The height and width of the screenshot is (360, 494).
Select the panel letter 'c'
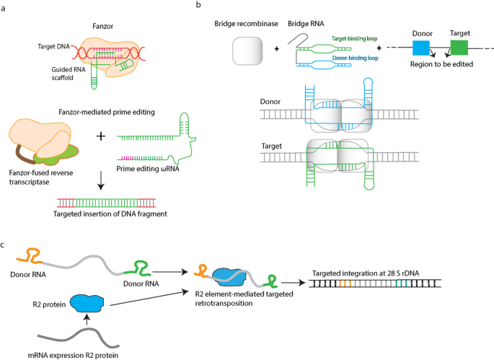point(4,245)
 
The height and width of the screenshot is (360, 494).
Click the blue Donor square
point(421,48)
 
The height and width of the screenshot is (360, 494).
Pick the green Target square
point(459,48)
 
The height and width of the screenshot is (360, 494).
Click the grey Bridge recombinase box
point(247,52)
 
